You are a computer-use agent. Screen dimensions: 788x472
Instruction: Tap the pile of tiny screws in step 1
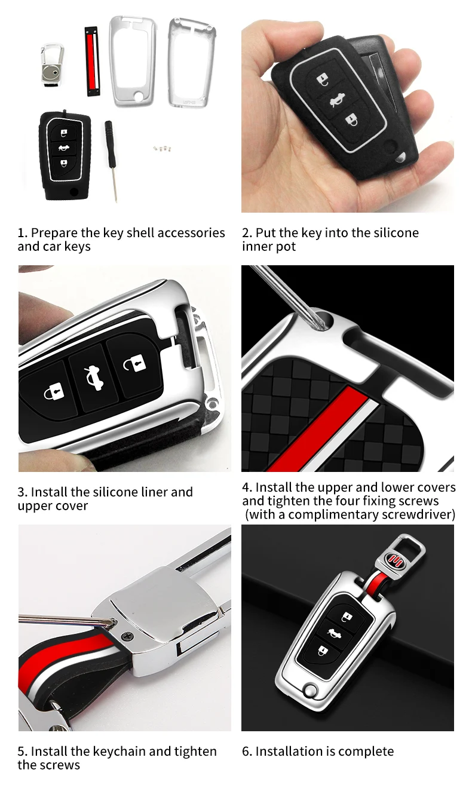(x=160, y=147)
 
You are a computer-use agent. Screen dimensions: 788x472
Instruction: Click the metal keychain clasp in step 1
(x=53, y=62)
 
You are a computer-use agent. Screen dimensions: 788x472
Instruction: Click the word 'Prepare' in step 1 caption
(x=53, y=232)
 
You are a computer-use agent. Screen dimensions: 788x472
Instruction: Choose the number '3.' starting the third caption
(x=22, y=492)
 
